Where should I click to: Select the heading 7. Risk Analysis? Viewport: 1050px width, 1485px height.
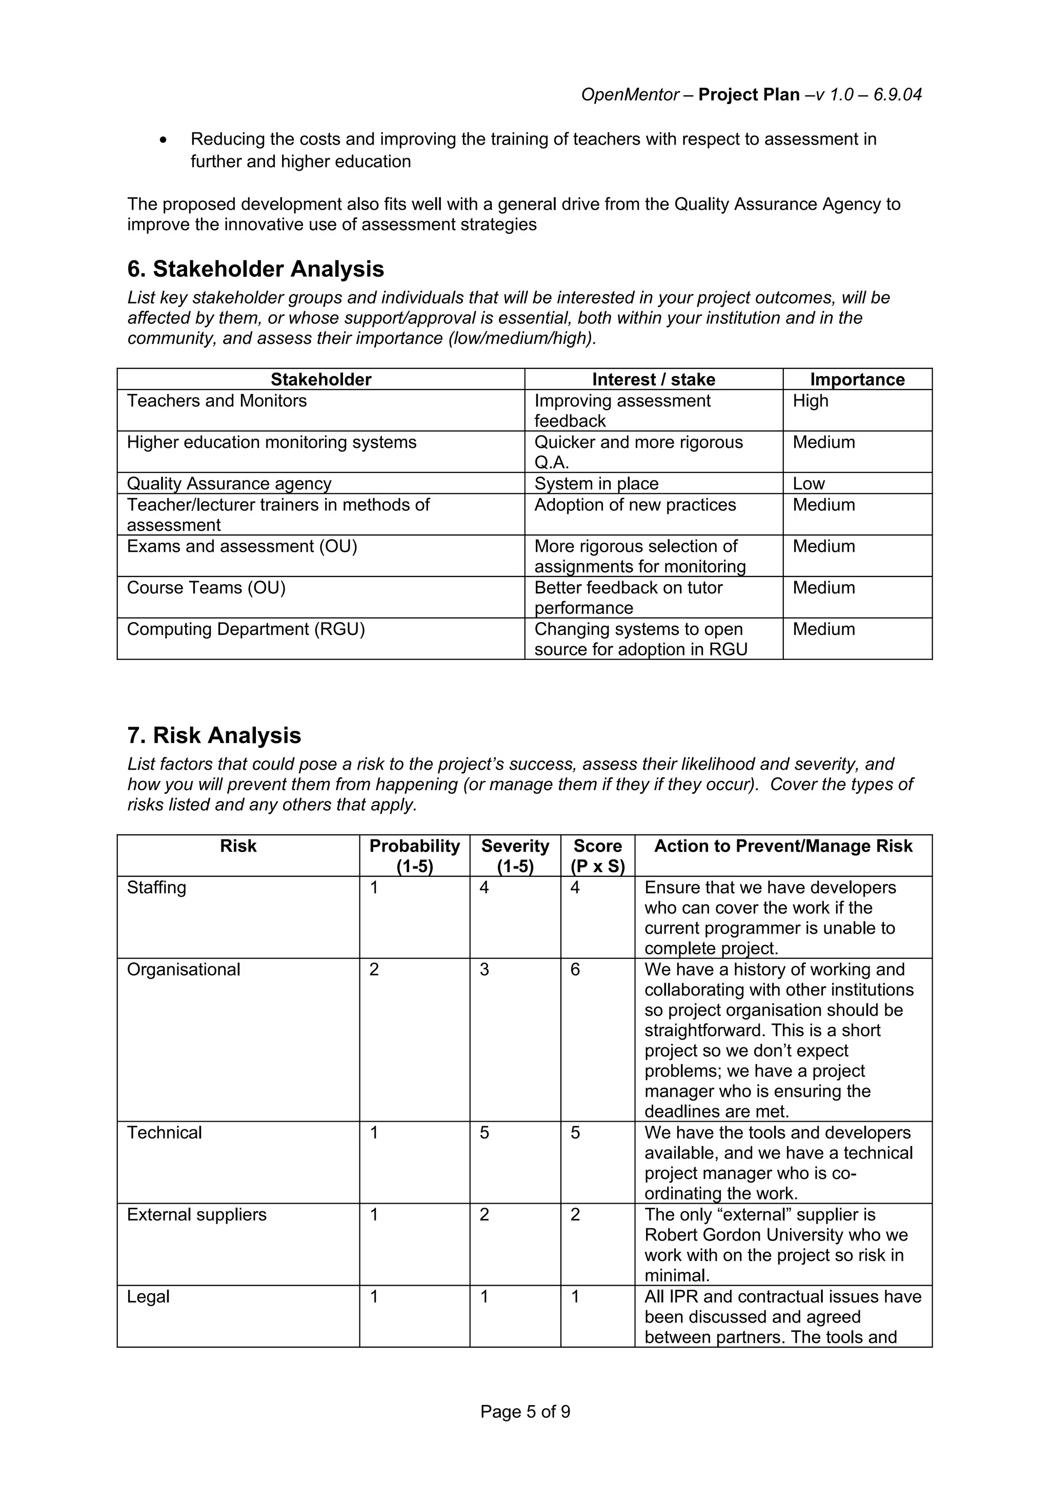pos(214,735)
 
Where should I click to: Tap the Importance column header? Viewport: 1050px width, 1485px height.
pos(857,379)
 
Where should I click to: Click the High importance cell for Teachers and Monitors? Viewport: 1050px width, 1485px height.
pos(810,401)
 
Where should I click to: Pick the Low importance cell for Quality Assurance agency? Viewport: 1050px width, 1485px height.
pos(809,484)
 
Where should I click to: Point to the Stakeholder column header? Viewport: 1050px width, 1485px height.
pos(321,379)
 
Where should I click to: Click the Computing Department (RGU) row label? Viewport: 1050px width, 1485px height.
pos(246,629)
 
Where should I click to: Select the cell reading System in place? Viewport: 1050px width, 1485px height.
pos(596,484)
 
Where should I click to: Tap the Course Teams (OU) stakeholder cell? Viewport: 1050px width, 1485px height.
pos(206,588)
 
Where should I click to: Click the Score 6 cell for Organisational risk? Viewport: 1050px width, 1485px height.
pos(575,970)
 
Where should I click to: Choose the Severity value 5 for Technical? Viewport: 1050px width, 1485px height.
pos(484,1132)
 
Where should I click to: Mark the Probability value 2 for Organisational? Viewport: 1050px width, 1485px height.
pos(374,970)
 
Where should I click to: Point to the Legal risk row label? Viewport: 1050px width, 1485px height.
pos(148,1297)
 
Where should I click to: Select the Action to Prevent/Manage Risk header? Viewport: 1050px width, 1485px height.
pos(783,846)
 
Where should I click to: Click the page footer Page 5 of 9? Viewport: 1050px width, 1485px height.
pos(524,1412)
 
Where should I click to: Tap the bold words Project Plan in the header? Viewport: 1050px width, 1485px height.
pos(749,95)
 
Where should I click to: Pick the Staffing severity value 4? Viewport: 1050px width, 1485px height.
pos(484,888)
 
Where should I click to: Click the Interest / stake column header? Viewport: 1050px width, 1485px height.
pos(653,379)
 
